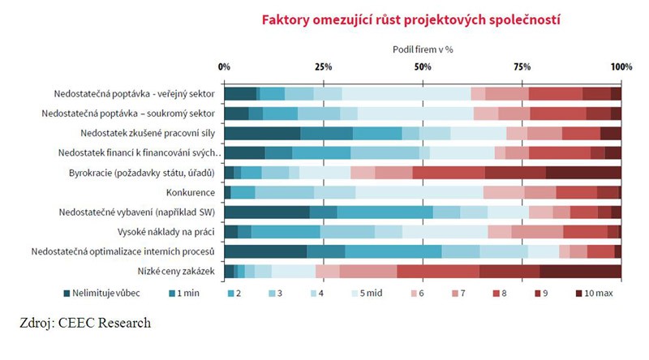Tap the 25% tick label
point(323,66)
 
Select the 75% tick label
point(522,66)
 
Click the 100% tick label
point(621,66)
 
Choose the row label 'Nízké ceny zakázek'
point(177,271)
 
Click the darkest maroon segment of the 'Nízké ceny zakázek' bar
point(580,271)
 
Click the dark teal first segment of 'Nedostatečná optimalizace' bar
point(265,251)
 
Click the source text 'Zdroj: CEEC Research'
point(85,324)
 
